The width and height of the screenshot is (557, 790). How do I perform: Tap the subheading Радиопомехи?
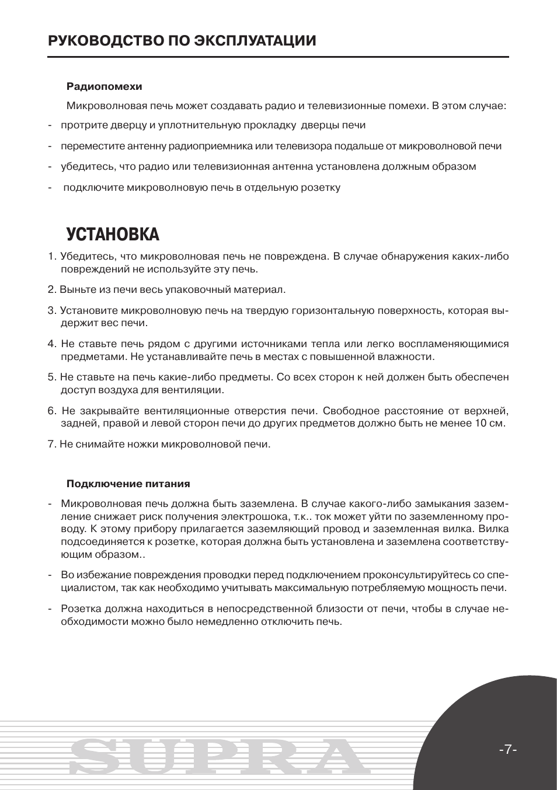click(x=104, y=86)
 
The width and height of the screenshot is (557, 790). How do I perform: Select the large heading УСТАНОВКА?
click(x=113, y=235)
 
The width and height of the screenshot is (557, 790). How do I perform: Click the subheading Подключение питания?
click(x=128, y=484)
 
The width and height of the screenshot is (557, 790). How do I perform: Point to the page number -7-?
click(x=508, y=750)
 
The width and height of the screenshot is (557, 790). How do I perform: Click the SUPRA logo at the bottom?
click(x=216, y=756)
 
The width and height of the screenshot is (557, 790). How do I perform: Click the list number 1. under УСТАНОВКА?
click(x=51, y=257)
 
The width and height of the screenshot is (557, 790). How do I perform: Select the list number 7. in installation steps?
click(x=51, y=444)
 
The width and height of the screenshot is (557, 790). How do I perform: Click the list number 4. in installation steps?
click(x=51, y=344)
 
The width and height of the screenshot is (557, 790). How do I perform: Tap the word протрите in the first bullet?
click(x=80, y=125)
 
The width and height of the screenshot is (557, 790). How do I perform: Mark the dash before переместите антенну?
click(x=50, y=146)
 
